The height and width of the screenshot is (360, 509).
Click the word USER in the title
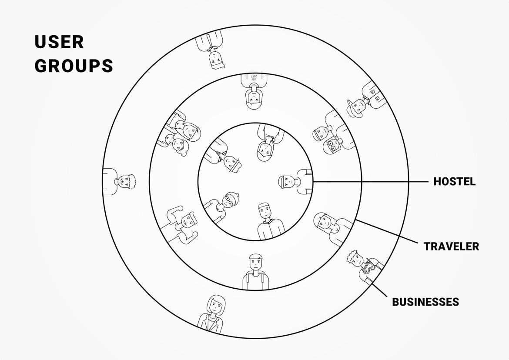(59, 42)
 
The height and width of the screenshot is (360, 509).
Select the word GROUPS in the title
(74, 66)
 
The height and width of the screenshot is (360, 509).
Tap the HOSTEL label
(454, 182)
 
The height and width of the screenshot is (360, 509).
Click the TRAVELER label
(451, 247)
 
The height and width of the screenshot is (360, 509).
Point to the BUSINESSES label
(425, 302)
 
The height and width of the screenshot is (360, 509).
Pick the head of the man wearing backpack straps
(256, 262)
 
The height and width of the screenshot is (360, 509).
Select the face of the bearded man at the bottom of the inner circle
(264, 212)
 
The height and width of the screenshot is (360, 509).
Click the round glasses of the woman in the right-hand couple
(333, 145)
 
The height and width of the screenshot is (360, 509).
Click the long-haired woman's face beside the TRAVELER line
(324, 222)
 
